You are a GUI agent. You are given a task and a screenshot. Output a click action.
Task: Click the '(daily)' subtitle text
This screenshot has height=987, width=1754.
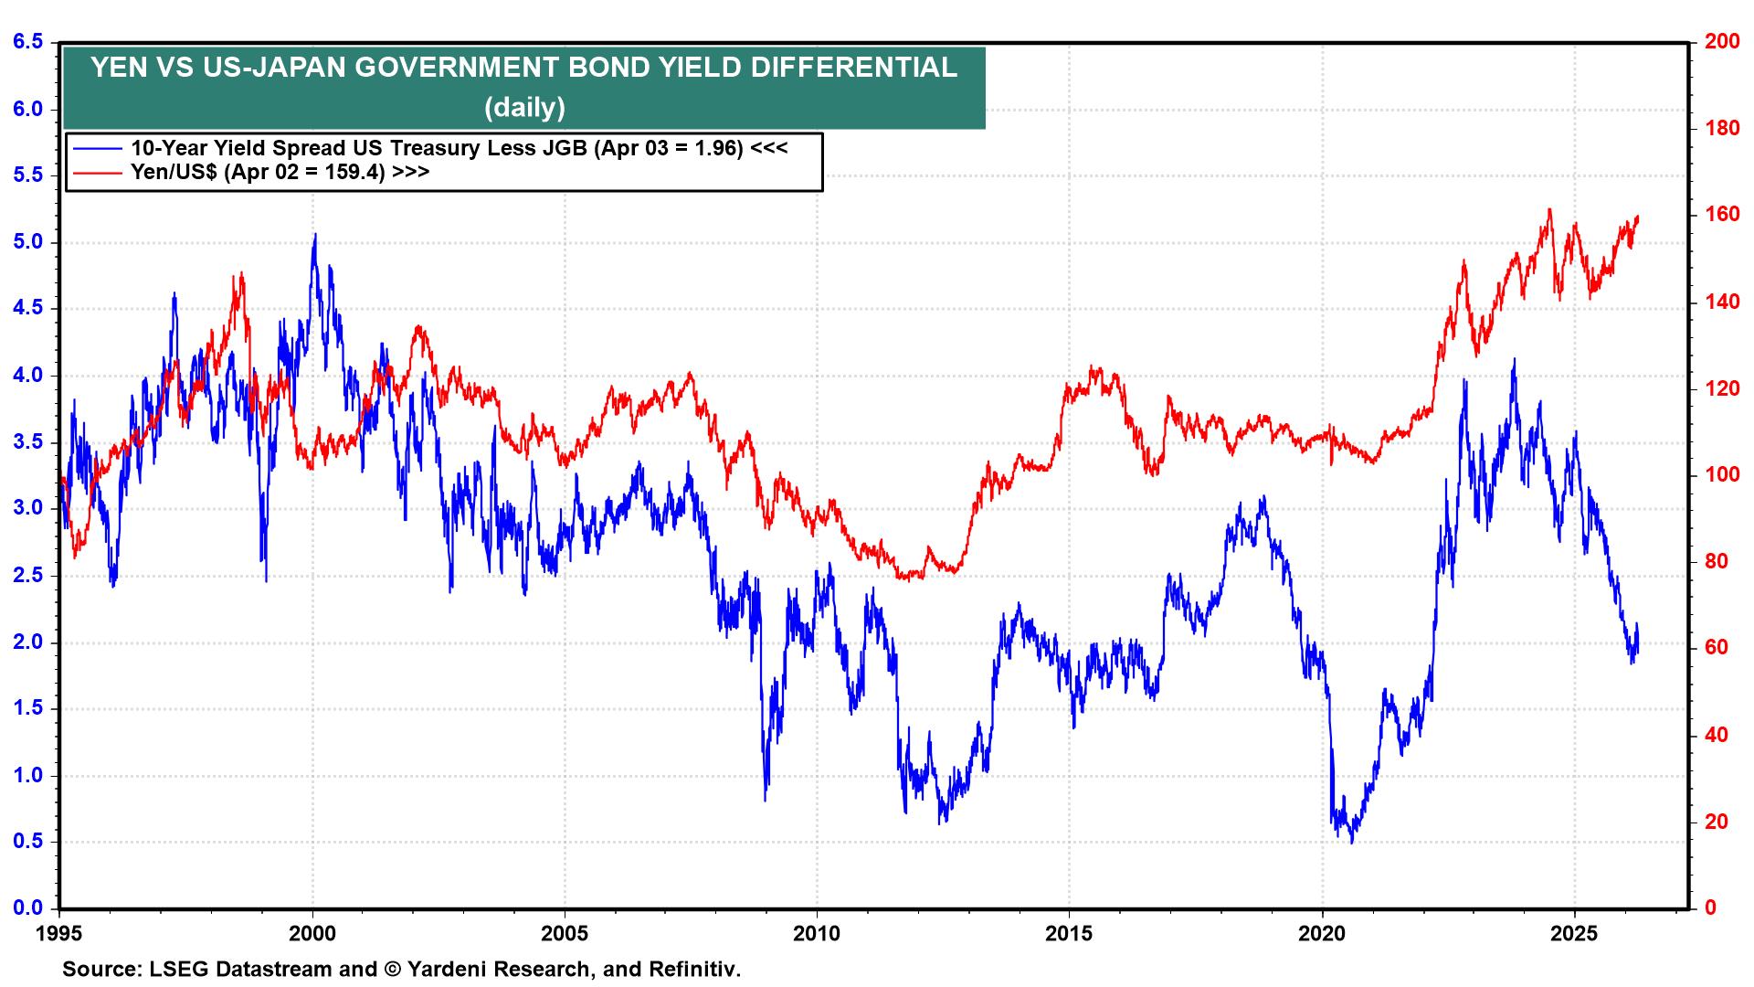pos(524,108)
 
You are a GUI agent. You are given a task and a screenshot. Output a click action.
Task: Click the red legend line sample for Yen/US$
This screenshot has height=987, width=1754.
pos(99,172)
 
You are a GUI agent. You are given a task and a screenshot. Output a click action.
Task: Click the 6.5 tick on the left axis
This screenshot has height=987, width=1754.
pos(27,42)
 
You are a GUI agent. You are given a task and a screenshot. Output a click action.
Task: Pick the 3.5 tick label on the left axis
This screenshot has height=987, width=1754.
pos(27,442)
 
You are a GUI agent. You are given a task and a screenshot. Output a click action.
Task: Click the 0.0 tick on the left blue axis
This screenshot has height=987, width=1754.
pos(27,907)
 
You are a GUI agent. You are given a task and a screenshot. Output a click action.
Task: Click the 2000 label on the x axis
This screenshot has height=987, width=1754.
pos(312,934)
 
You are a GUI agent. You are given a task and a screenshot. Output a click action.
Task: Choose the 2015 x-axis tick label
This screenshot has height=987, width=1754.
pos(1069,934)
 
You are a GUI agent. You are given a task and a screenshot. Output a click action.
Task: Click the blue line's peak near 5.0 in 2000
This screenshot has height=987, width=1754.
pos(315,235)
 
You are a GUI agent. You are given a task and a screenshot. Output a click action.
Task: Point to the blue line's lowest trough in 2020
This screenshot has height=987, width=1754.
pos(1351,841)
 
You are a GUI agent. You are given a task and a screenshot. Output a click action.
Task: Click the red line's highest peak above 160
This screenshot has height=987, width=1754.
pos(1549,210)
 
